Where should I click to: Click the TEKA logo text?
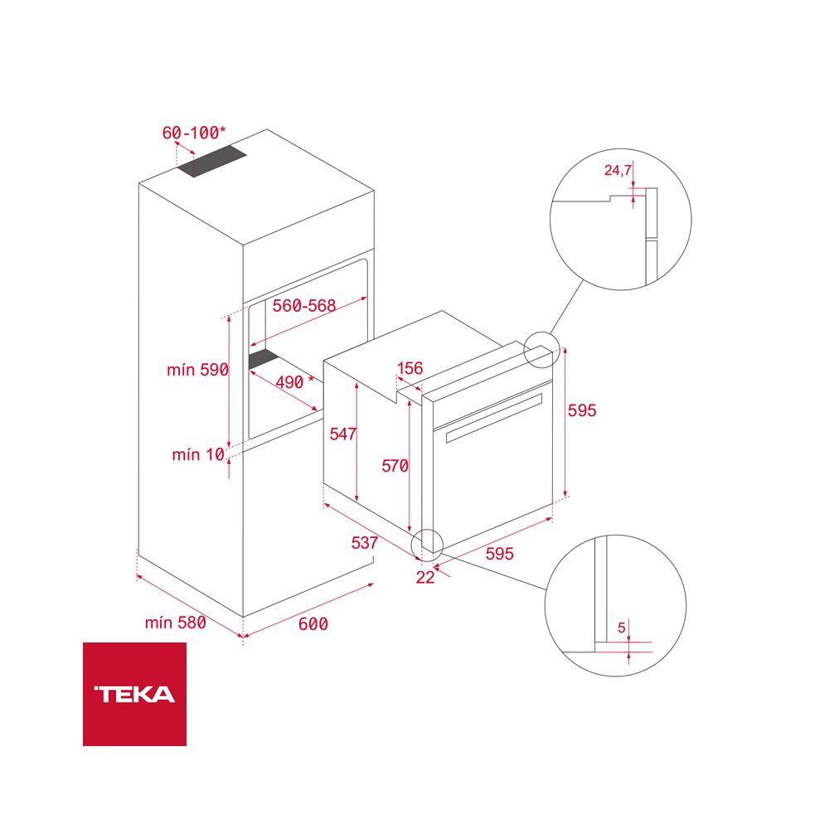134,695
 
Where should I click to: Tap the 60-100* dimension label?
193,133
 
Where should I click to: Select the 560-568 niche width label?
304,306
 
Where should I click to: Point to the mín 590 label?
197,371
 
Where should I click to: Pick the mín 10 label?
198,454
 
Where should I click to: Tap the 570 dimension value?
395,467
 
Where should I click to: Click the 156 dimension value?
410,369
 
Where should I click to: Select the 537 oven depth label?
365,544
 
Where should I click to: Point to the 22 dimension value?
425,578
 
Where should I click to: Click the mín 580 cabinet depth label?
175,623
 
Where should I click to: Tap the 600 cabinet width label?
313,624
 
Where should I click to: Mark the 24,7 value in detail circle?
618,171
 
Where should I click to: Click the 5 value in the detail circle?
621,628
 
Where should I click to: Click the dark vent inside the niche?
264,358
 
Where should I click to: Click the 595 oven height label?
582,410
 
